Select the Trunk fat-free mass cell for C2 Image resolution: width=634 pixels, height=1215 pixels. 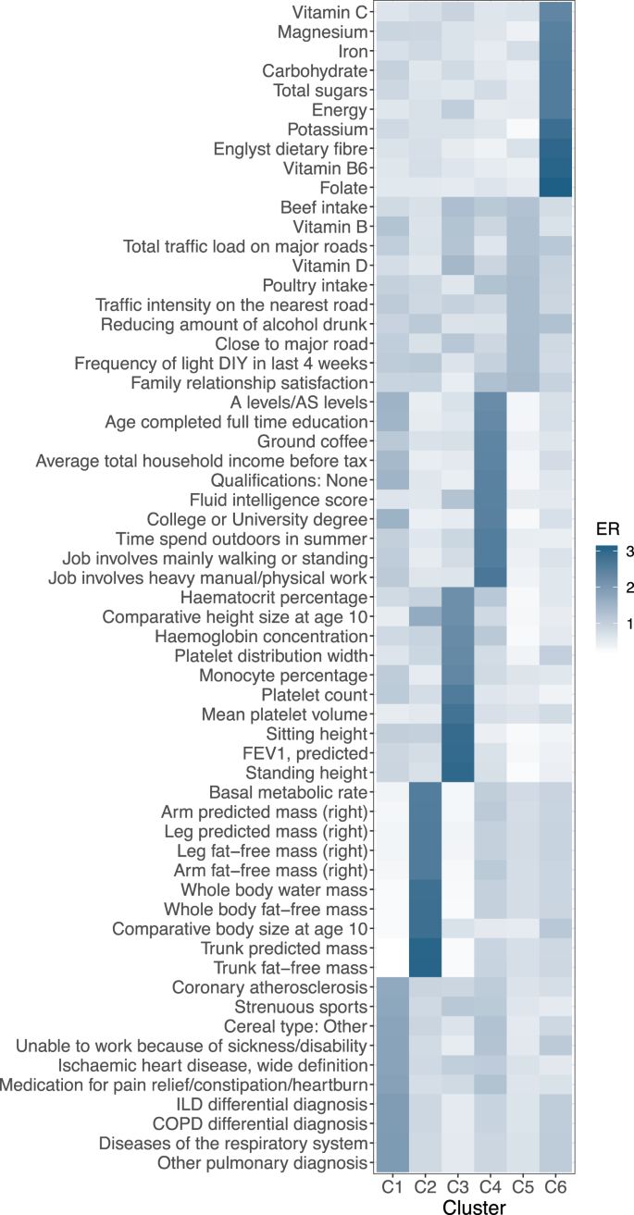(422, 968)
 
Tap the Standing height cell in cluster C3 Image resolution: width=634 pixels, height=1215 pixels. (455, 772)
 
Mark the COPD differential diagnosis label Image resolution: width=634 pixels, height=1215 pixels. (268, 1123)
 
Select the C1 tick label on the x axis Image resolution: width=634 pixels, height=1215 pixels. (389, 1186)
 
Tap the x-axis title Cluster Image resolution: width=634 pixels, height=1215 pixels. (473, 1206)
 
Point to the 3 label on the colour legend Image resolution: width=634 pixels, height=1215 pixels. (630, 552)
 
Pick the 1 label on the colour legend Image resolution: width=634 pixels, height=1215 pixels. (630, 624)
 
